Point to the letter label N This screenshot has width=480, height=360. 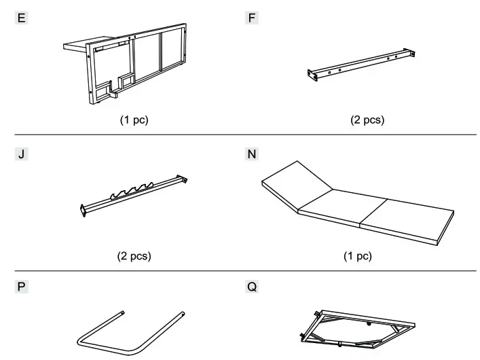(x=253, y=154)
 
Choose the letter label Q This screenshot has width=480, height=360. (x=253, y=287)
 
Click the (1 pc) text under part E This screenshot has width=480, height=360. (x=133, y=121)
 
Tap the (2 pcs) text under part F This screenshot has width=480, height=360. (x=367, y=121)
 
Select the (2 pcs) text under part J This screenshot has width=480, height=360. (x=133, y=256)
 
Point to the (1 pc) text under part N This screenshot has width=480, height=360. (x=358, y=256)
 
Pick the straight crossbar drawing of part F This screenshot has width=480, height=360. (x=360, y=65)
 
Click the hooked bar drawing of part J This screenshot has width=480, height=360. (x=133, y=197)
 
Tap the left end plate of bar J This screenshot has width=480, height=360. (x=83, y=211)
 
